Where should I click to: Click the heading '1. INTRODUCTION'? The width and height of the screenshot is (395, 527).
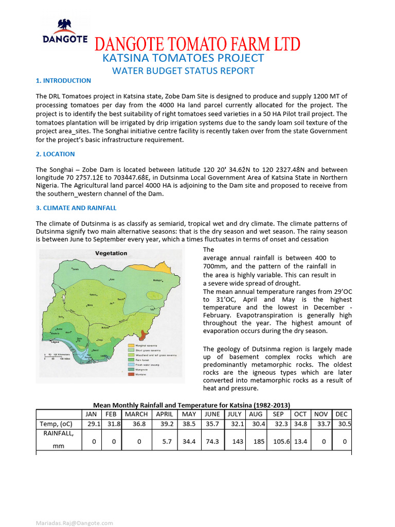tap(63, 81)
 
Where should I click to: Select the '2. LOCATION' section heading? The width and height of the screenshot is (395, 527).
tap(55, 154)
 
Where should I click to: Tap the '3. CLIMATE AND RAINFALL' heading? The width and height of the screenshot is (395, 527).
tap(76, 208)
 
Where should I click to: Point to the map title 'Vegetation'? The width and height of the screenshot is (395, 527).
tap(111, 253)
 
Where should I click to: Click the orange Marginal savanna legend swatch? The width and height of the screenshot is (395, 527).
tap(131, 345)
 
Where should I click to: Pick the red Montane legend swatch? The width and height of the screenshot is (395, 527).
tap(131, 374)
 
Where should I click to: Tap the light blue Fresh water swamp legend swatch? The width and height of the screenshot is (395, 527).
tap(131, 364)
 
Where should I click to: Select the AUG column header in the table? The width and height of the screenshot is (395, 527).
tap(255, 414)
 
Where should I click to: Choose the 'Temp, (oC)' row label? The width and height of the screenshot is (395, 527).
tap(56, 424)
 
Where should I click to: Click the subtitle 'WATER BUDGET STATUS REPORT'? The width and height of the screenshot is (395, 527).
tap(183, 71)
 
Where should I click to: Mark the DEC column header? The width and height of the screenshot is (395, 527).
tap(342, 414)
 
